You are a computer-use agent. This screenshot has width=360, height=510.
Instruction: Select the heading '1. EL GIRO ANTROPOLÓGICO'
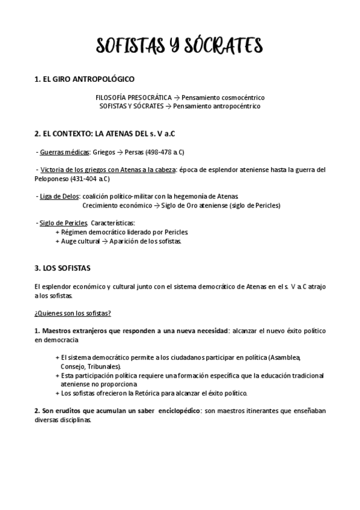tap(84, 79)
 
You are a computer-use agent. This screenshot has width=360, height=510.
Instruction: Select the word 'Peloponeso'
tap(52, 179)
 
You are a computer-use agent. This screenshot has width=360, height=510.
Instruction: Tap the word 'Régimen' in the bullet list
tap(75, 232)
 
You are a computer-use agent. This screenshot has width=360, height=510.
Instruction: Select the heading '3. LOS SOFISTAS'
tap(63, 267)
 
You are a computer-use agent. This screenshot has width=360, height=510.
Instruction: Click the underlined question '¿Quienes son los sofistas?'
tap(72, 313)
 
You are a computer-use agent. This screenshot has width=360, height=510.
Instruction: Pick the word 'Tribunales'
tap(104, 366)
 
